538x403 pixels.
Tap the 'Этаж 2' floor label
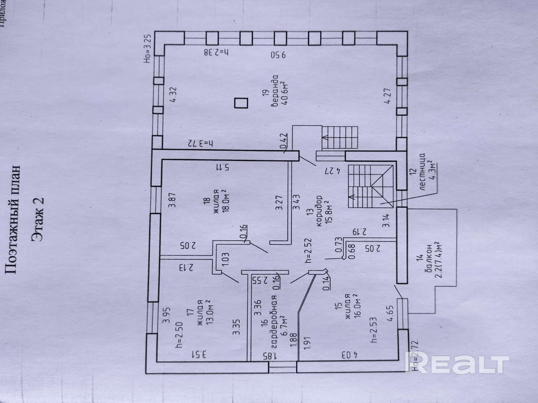38,219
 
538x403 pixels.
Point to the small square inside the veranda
241,103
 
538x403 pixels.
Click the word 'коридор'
319,211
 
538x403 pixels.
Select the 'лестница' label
423,174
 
